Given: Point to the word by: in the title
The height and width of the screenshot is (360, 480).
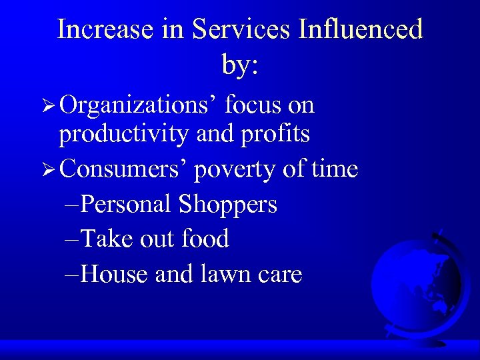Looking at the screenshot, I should pyautogui.click(x=239, y=64).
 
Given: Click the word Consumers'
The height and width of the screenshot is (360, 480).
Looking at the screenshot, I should pyautogui.click(x=126, y=169).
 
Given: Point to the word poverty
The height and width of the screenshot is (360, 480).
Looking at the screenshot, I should pyautogui.click(x=236, y=171).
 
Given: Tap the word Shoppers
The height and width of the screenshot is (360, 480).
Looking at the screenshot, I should pyautogui.click(x=227, y=205).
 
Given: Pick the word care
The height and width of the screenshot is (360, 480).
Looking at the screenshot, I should pyautogui.click(x=278, y=275).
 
